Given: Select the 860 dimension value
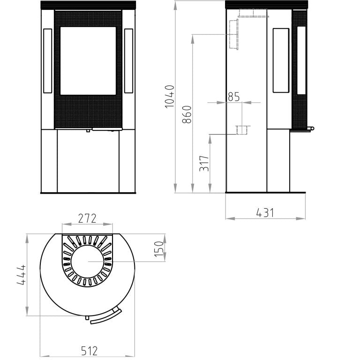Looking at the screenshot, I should click(187, 115).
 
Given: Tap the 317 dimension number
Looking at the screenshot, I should click(204, 163).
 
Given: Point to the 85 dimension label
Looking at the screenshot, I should click(233, 97).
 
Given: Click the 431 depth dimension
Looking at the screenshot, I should click(265, 212).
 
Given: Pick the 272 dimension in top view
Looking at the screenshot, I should click(87, 218).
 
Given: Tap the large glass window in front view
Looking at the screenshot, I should click(88, 61).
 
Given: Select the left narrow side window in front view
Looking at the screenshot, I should click(47, 61).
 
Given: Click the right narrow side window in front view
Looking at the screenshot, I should click(128, 61).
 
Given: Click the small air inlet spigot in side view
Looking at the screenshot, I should click(241, 130).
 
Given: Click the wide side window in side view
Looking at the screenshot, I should click(281, 60).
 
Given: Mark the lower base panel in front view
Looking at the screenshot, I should click(88, 161).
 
